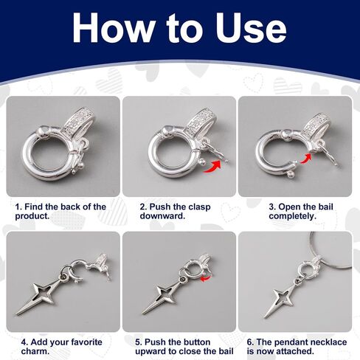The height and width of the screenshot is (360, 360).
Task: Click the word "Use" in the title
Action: coord(251,27)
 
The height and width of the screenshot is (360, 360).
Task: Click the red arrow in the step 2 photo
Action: coord(212,167)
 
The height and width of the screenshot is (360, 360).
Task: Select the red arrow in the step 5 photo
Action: coord(206,278)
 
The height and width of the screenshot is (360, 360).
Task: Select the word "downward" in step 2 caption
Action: coord(162,216)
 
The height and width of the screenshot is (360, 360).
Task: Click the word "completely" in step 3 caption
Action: coord(291,216)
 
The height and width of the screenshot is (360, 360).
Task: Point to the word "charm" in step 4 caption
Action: coord(34,351)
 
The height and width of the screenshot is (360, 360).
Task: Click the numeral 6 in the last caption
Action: coord(249,342)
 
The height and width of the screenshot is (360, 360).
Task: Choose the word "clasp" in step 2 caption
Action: coord(199,207)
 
